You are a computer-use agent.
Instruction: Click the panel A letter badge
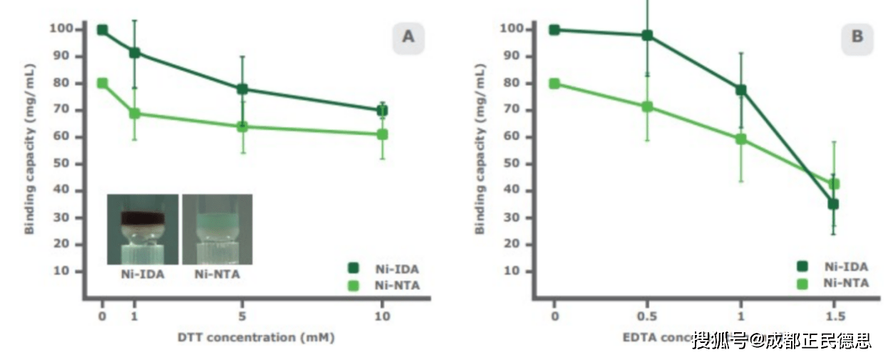coord(408,37)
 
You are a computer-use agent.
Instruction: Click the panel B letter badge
coord(857,37)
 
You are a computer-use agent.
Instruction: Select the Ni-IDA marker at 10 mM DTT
coord(382,110)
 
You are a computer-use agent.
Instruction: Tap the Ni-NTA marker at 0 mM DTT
coord(102,83)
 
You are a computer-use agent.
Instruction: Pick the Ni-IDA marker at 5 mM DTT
coord(242,89)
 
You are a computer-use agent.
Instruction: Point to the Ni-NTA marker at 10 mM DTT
coord(382,134)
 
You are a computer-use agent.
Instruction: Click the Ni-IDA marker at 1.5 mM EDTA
coord(832,204)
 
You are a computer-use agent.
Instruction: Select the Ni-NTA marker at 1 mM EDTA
coord(740,139)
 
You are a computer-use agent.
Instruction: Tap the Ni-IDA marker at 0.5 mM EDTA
coord(647,35)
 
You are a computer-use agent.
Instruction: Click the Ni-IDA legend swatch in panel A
coord(352,269)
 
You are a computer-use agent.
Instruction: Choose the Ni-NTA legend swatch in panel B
coord(802,283)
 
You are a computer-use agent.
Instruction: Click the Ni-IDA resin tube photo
coord(143,229)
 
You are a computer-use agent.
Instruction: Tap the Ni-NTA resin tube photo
coord(217,229)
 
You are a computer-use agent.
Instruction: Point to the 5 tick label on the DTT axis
coord(242,316)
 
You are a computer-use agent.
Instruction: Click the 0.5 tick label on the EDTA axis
coord(647,316)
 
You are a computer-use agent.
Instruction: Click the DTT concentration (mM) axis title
coord(255,337)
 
